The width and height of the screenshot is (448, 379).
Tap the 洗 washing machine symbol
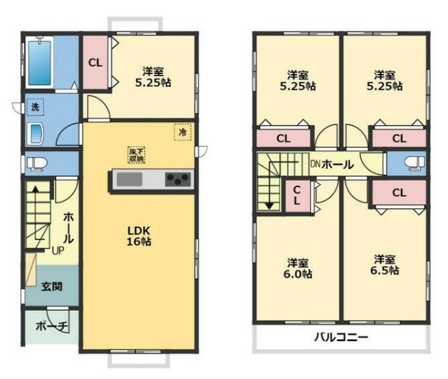pyautogui.click(x=35, y=108)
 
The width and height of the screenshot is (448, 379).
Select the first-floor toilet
pyautogui.click(x=35, y=163)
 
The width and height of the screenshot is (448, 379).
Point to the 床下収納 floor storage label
pyautogui.click(x=135, y=155)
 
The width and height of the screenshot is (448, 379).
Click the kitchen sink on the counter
pyautogui.click(x=131, y=180)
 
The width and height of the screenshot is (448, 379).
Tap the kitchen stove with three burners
pyautogui.click(x=178, y=180)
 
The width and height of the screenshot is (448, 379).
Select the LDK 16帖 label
pyautogui.click(x=139, y=235)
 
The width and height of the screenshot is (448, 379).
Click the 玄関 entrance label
pyautogui.click(x=50, y=286)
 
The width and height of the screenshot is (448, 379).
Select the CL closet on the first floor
pyautogui.click(x=95, y=62)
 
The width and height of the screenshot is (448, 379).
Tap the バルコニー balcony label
pyautogui.click(x=341, y=337)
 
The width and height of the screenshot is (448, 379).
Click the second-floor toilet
pyautogui.click(x=412, y=163)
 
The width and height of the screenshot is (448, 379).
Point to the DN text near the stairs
pyautogui.click(x=315, y=163)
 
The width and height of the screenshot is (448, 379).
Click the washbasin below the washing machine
pyautogui.click(x=35, y=134)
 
